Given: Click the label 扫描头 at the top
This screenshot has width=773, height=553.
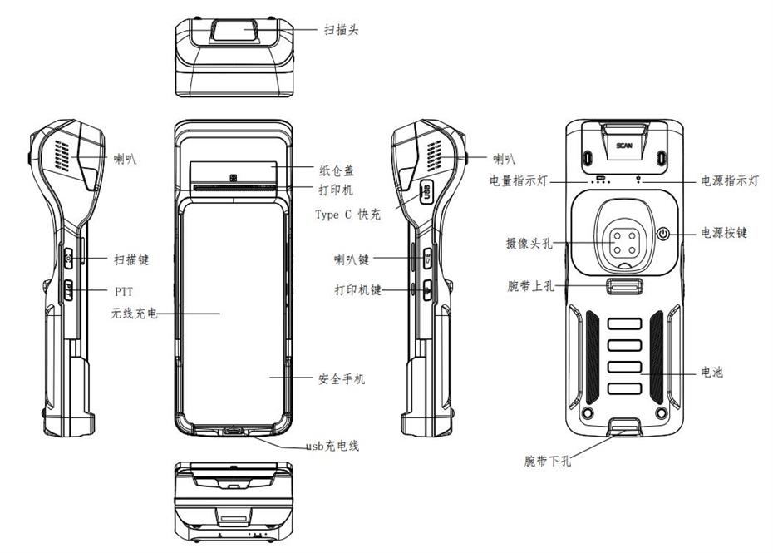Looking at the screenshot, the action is pyautogui.click(x=341, y=30).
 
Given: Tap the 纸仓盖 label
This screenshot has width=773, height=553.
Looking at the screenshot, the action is pyautogui.click(x=337, y=170).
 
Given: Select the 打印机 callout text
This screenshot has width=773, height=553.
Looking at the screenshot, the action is pyautogui.click(x=336, y=190).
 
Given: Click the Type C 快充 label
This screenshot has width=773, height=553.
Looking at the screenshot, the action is pyautogui.click(x=348, y=214).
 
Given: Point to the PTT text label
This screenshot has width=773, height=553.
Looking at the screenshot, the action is pyautogui.click(x=124, y=292).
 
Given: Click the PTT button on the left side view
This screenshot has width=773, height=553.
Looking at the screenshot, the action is pyautogui.click(x=68, y=290).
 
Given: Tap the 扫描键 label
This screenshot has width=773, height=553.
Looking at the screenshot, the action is pyautogui.click(x=131, y=259).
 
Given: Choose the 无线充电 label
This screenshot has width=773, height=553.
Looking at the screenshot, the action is pyautogui.click(x=134, y=313).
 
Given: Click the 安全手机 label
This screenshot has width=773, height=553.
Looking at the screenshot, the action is pyautogui.click(x=342, y=379).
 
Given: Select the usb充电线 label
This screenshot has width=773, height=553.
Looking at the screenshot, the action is pyautogui.click(x=332, y=446).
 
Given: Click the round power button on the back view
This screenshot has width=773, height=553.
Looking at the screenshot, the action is pyautogui.click(x=663, y=234).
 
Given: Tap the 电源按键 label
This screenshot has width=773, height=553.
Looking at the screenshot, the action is pyautogui.click(x=724, y=232).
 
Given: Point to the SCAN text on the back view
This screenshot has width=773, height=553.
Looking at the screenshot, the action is pyautogui.click(x=624, y=146).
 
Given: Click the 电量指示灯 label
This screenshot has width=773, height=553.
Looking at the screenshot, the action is pyautogui.click(x=519, y=180).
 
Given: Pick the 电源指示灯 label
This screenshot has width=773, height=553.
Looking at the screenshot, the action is pyautogui.click(x=730, y=180).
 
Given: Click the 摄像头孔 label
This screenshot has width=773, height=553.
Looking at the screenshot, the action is pyautogui.click(x=529, y=243).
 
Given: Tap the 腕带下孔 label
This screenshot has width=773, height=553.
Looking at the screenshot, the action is pyautogui.click(x=547, y=461).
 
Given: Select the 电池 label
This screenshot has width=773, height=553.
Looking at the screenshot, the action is pyautogui.click(x=711, y=373).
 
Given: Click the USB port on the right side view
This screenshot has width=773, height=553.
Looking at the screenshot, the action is pyautogui.click(x=426, y=191).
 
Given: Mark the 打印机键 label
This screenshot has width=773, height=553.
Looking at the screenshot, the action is pyautogui.click(x=358, y=289).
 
